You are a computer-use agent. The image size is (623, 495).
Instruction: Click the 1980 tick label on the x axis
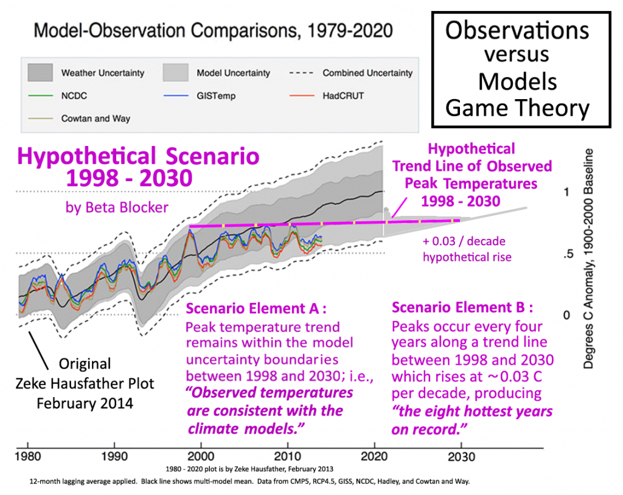click(x=28, y=457)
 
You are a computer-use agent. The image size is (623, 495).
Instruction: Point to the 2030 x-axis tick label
click(x=461, y=457)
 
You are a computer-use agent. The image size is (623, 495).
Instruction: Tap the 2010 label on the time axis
click(x=288, y=457)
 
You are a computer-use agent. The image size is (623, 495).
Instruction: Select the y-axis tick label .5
click(x=569, y=254)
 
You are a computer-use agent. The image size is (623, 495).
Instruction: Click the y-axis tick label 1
click(x=566, y=192)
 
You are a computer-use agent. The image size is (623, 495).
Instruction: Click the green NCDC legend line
click(x=40, y=95)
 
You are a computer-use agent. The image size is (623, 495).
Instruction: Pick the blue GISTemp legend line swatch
click(x=176, y=95)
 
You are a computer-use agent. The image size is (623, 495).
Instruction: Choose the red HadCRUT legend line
click(x=302, y=95)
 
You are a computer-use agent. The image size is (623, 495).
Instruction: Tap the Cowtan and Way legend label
click(x=96, y=119)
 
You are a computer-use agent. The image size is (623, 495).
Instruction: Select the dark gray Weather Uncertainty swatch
click(x=40, y=73)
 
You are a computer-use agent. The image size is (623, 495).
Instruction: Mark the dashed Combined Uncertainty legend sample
click(x=302, y=73)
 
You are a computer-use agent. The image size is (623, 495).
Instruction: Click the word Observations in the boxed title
click(x=517, y=30)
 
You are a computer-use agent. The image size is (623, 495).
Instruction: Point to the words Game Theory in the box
click(x=517, y=108)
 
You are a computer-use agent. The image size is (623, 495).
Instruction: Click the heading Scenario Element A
click(x=256, y=308)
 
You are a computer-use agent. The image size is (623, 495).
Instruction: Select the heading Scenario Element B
click(x=462, y=307)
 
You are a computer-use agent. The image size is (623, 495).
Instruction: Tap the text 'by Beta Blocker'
click(x=117, y=207)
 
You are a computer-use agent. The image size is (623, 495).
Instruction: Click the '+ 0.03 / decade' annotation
click(x=464, y=241)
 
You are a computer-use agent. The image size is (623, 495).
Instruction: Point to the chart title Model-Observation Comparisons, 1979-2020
click(x=214, y=30)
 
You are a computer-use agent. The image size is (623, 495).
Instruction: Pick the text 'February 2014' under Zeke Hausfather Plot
click(x=85, y=404)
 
